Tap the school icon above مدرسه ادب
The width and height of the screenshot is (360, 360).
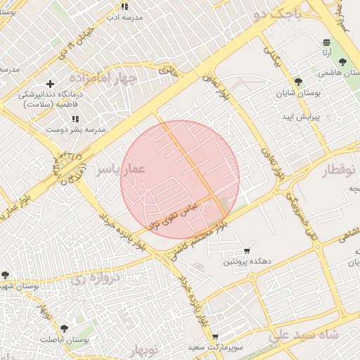tap(124, 6)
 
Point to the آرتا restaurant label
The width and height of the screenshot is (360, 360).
tap(327, 52)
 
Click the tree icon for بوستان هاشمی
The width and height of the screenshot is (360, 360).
tap(342, 63)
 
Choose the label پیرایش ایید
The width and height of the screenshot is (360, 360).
tap(301, 116)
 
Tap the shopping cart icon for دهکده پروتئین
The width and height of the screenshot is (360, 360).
tap(247, 251)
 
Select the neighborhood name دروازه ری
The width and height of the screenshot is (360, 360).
tap(96, 276)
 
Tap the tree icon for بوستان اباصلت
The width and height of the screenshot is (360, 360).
tap(65, 328)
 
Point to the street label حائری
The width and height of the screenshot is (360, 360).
tap(168, 70)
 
